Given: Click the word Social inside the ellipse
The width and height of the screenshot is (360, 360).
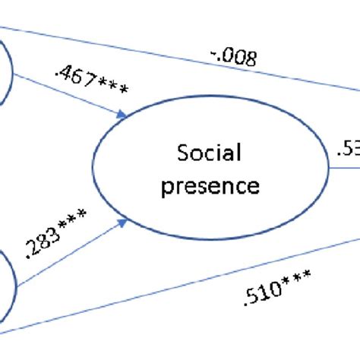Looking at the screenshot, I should coord(208,155).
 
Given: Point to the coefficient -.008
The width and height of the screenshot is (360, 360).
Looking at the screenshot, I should coord(231,54).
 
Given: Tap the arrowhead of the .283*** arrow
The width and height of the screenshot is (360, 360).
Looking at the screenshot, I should coord(122,223).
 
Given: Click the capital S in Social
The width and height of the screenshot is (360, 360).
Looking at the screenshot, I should coord(182,155).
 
